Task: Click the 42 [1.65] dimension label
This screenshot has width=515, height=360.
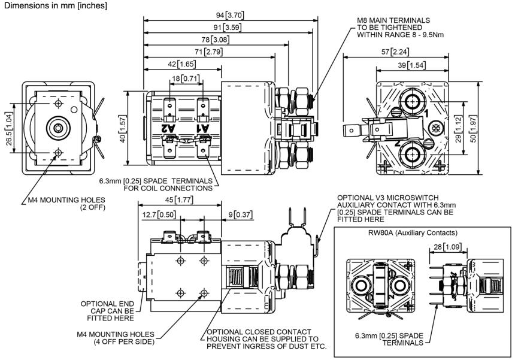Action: [181, 64]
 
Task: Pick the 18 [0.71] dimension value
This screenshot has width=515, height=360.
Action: [184, 78]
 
